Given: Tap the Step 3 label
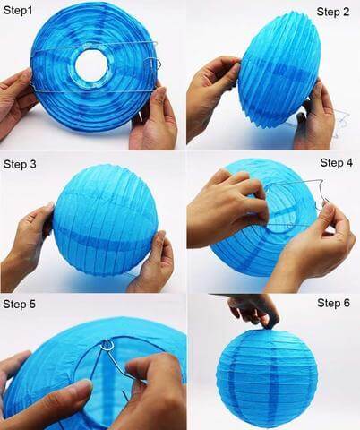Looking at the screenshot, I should tap(20, 165).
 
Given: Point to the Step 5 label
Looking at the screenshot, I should tap(20, 305).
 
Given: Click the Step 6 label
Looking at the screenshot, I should tap(333, 303).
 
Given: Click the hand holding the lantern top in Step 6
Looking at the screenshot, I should tap(253, 310).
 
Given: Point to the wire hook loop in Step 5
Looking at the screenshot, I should tap(108, 344).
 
